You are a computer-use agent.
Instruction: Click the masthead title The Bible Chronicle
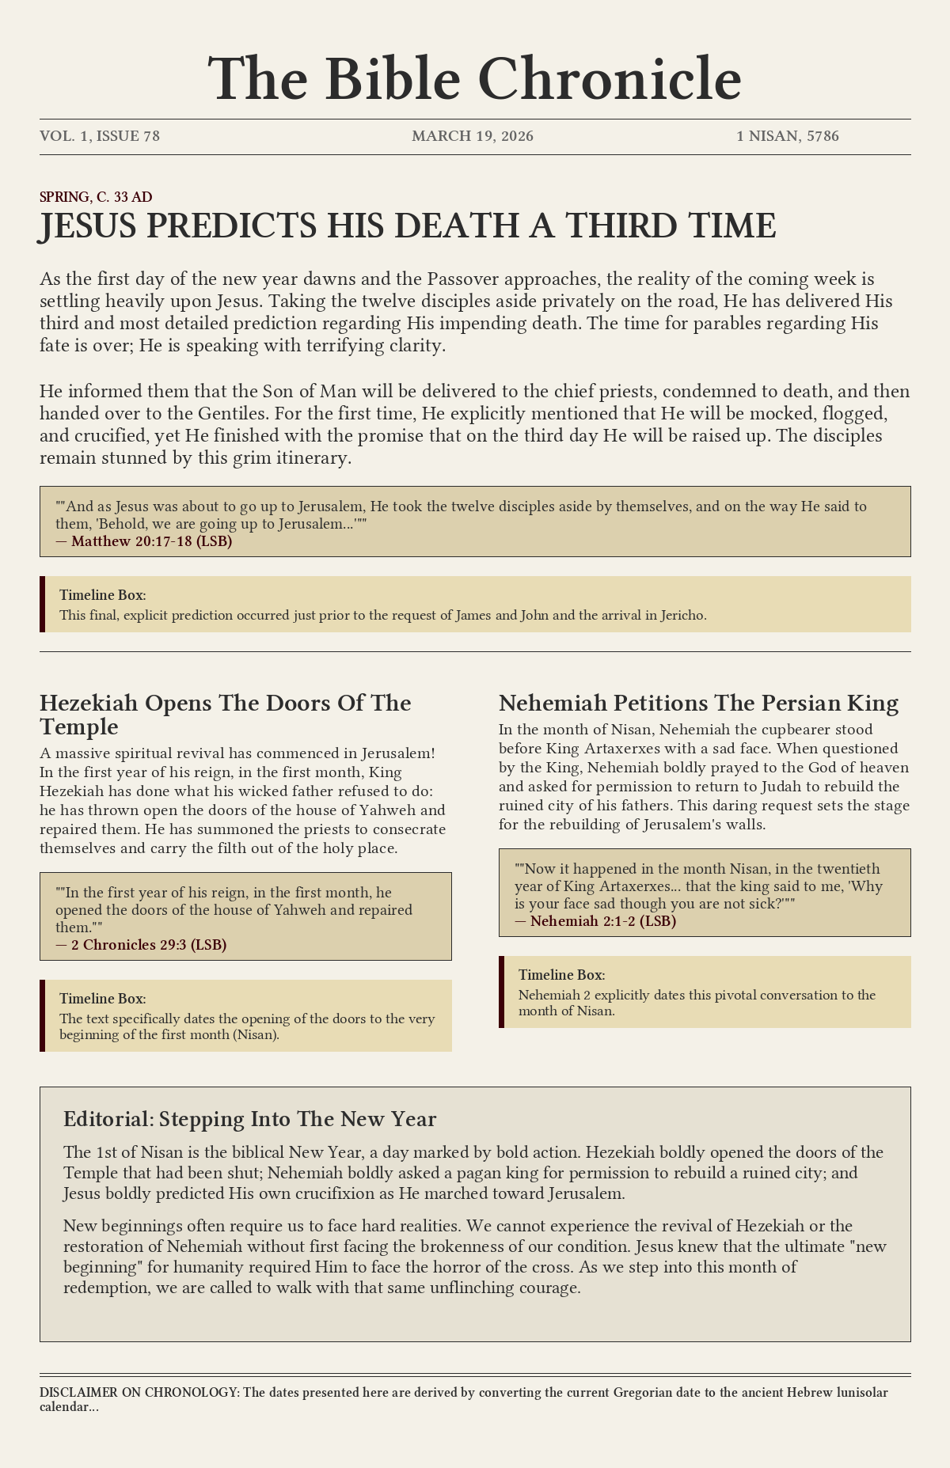[x=475, y=80]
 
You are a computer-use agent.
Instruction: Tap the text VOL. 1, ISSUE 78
[x=100, y=136]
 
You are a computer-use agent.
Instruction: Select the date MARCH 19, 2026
[x=473, y=136]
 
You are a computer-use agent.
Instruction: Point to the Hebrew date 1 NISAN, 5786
[x=788, y=136]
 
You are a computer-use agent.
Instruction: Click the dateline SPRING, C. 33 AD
[x=96, y=197]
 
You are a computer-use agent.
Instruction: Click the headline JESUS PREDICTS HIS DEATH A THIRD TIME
[x=408, y=227]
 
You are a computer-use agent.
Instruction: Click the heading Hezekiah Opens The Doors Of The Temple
[x=225, y=714]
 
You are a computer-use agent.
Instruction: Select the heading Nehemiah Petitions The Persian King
[x=698, y=703]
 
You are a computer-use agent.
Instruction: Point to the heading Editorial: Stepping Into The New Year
[x=249, y=1119]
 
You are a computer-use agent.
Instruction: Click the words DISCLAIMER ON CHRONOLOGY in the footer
[x=138, y=1393]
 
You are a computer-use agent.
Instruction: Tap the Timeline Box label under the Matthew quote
[x=103, y=595]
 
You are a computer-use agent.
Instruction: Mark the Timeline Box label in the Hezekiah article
[x=103, y=999]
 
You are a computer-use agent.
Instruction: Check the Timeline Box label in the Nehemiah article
[x=562, y=975]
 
